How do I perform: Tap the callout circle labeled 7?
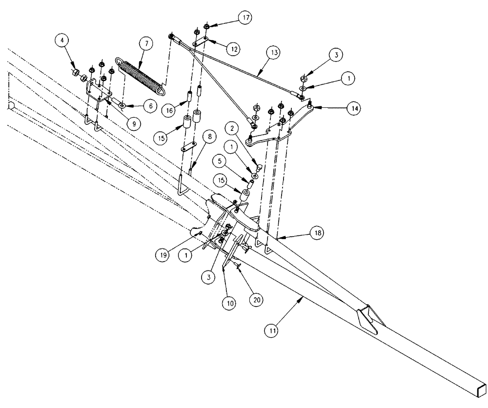[x=145, y=43]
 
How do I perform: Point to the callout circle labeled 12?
[x=235, y=49]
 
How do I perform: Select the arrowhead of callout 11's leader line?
[x=303, y=296]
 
